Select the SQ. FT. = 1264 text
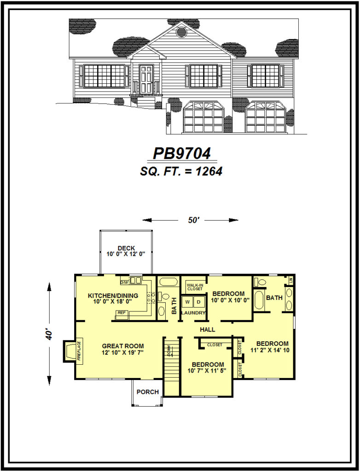(181, 171)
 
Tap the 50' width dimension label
(194, 220)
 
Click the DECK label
(126, 248)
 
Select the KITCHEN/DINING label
(110, 295)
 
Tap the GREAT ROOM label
(123, 346)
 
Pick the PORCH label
(148, 392)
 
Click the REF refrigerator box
(122, 313)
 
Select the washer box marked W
(187, 302)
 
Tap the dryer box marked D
(199, 302)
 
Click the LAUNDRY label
(193, 313)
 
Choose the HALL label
(208, 329)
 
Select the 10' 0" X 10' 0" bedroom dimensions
(230, 301)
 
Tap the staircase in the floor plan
(172, 366)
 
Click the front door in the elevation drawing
(146, 79)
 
